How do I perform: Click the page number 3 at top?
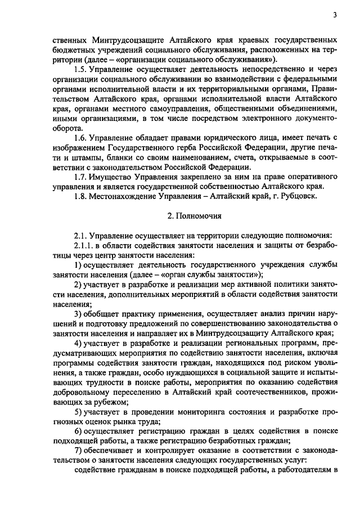click(x=335, y=16)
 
